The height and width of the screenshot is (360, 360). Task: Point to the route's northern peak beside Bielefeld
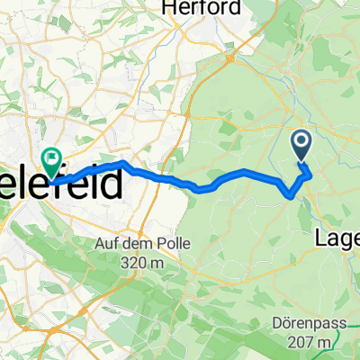click(122, 163)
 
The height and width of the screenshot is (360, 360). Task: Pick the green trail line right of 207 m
click(346, 343)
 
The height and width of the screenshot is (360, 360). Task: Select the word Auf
click(108, 243)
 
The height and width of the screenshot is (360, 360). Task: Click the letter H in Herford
click(168, 7)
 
